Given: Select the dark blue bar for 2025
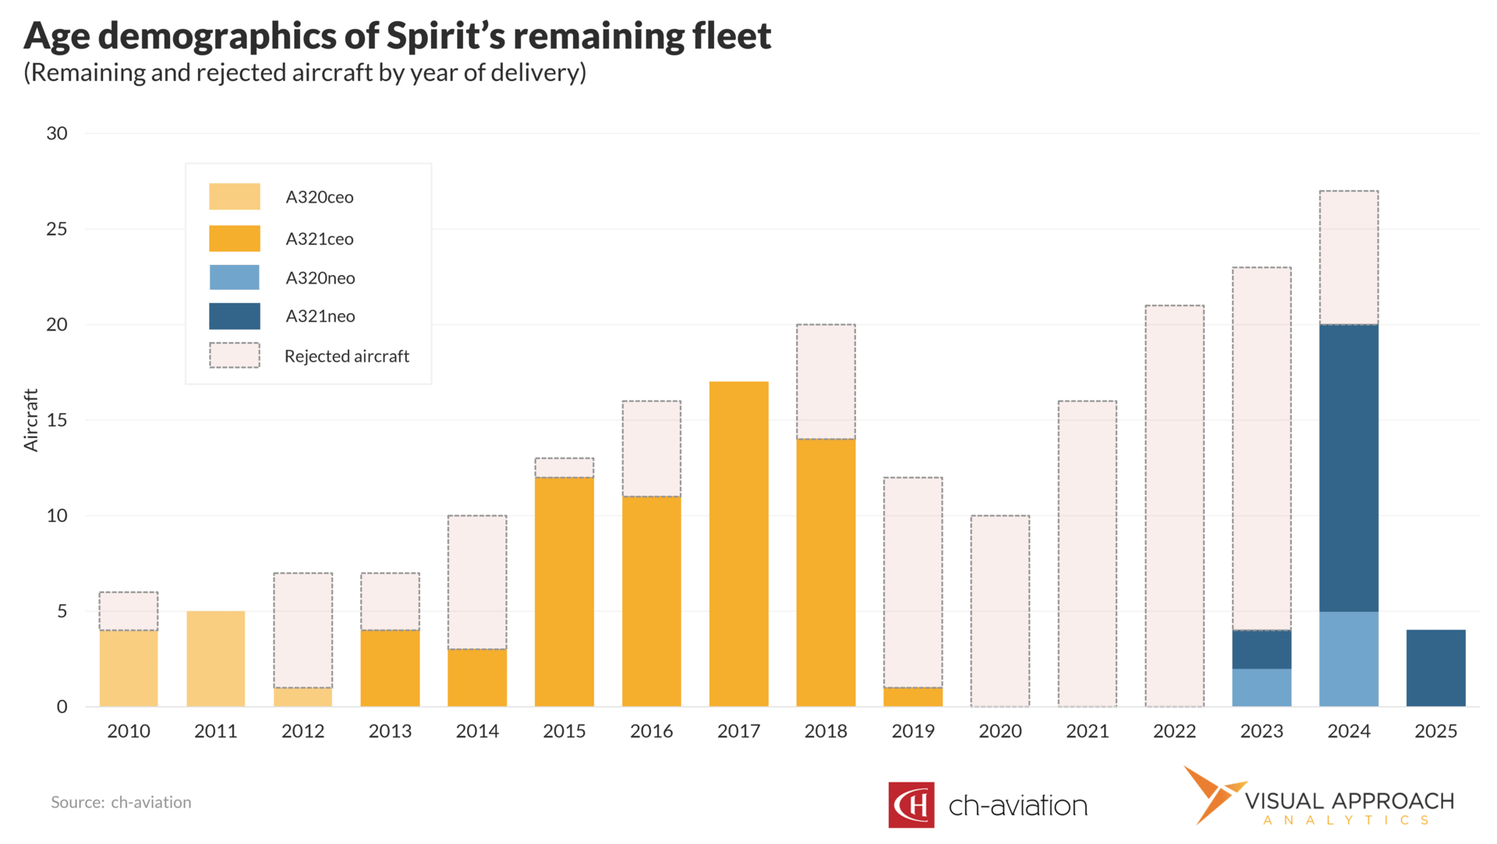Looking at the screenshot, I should (1435, 668).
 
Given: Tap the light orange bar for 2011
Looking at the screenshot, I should (216, 659).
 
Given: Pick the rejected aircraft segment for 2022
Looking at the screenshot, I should (1174, 506).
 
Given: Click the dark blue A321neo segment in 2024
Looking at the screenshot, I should (1349, 468).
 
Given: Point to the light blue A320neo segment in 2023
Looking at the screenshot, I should (1262, 687).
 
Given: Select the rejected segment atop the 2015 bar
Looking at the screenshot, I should (564, 468).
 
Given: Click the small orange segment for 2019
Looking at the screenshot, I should (913, 697).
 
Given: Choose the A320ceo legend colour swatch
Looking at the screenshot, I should (235, 196).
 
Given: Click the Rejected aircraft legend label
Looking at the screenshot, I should (346, 356).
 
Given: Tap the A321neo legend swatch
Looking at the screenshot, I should (235, 316).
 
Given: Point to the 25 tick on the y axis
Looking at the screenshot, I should (57, 229).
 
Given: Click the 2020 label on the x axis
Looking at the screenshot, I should (1000, 731).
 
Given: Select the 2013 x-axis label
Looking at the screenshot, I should (390, 731).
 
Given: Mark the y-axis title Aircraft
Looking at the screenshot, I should (31, 420).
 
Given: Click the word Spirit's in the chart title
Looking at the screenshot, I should (445, 36).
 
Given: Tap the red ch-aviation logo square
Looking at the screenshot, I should (911, 805).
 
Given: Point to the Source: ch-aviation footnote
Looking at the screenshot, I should (121, 802).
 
